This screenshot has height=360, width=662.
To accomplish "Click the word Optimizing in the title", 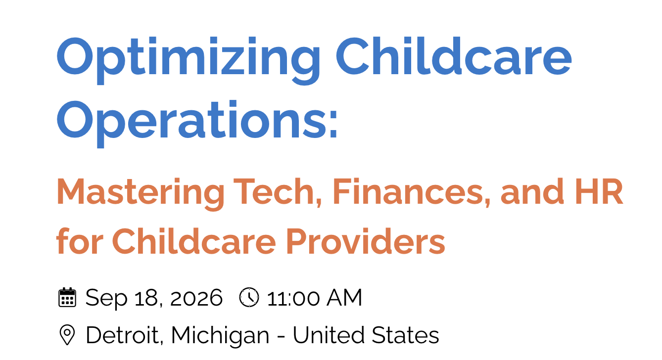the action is click(188, 60).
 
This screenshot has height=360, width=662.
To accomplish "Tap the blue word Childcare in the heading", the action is click(454, 56).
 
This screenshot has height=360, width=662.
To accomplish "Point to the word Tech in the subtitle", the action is click(278, 191).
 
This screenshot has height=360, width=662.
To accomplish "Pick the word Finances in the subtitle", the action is click(412, 191).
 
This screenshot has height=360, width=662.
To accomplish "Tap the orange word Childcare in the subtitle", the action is click(194, 241).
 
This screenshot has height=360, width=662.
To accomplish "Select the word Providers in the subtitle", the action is click(366, 241).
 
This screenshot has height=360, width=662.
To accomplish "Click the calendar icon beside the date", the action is click(67, 297).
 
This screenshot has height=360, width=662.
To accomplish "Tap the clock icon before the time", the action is click(249, 297).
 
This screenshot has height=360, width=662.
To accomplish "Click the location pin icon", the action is click(67, 335).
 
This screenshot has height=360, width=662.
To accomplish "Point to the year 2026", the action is click(196, 298).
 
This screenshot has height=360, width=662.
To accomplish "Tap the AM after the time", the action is click(344, 298).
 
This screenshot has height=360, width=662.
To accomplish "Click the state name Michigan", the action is click(220, 336).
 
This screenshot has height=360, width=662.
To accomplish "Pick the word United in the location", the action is click(329, 335).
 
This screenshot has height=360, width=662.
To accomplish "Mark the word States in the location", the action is click(405, 335).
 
